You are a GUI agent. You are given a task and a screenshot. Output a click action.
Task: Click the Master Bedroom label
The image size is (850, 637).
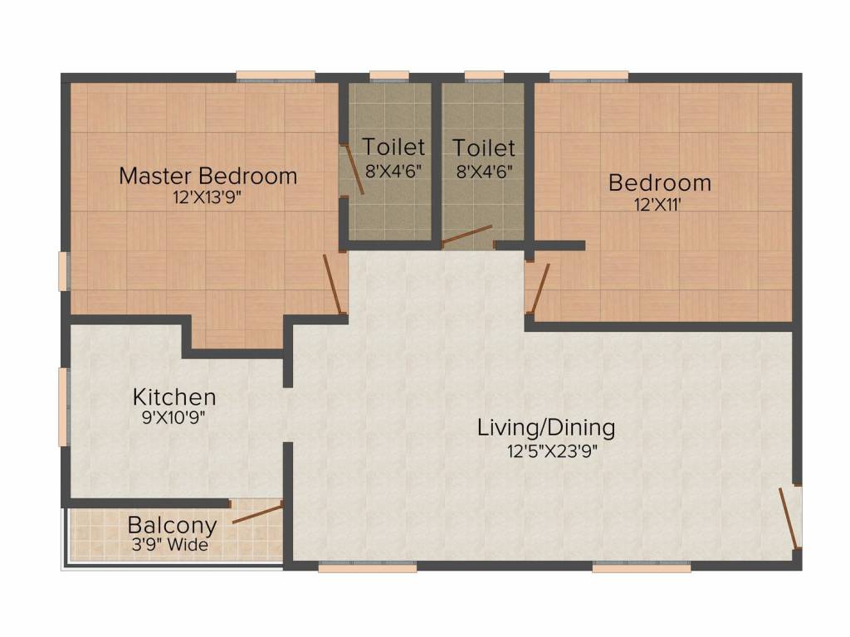208,176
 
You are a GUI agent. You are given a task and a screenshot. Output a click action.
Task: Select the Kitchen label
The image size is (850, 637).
174,397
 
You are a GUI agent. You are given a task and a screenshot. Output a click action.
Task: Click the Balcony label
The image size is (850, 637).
173,525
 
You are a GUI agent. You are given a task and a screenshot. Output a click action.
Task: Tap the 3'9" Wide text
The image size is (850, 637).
170,544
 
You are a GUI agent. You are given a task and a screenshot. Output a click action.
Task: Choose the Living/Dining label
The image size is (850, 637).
546,428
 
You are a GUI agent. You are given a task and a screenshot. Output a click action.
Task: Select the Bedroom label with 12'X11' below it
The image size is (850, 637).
660,182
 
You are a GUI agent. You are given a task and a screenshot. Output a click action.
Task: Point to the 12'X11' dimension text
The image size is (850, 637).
657,205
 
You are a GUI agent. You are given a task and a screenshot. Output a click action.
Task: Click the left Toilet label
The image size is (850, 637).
393,147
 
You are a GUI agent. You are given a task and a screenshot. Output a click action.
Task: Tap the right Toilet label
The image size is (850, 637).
484,148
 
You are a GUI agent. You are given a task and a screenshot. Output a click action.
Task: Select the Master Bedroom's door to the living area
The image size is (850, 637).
332,284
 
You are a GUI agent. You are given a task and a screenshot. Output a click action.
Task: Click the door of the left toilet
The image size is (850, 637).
353,169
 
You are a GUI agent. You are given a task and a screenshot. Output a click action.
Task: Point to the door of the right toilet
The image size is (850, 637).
467,236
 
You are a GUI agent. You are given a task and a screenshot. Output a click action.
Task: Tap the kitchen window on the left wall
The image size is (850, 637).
64,407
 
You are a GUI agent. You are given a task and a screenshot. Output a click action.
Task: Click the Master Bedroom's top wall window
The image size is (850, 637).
276,76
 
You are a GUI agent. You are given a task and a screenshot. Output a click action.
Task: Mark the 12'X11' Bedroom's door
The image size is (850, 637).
540,288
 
